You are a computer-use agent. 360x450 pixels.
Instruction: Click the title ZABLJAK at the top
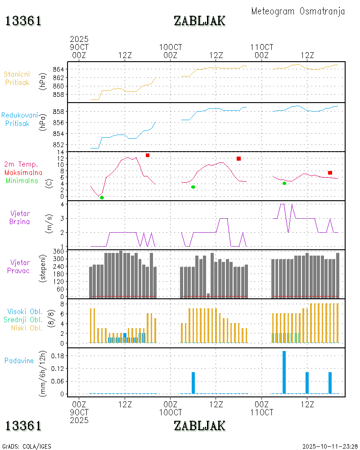[x=199, y=21]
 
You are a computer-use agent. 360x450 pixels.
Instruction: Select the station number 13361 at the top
[x=23, y=21]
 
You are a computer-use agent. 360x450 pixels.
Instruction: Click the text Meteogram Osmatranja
[x=298, y=11]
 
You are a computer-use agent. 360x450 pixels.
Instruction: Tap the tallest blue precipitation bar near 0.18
[x=284, y=372]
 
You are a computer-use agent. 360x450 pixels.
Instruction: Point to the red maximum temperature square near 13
[x=148, y=155]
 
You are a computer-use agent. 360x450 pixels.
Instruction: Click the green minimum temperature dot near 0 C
[x=102, y=198]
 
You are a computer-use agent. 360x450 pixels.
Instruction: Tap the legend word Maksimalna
[x=23, y=172]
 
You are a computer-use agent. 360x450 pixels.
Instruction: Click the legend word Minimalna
[x=23, y=180]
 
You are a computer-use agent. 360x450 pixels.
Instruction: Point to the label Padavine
[x=19, y=360]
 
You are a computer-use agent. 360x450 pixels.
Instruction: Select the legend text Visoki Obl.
[x=25, y=311]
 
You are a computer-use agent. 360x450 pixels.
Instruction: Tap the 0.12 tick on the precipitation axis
[x=58, y=369]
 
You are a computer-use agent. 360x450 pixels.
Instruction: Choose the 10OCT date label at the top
[x=171, y=47]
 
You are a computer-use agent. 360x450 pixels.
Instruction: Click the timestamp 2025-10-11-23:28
[x=329, y=446]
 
